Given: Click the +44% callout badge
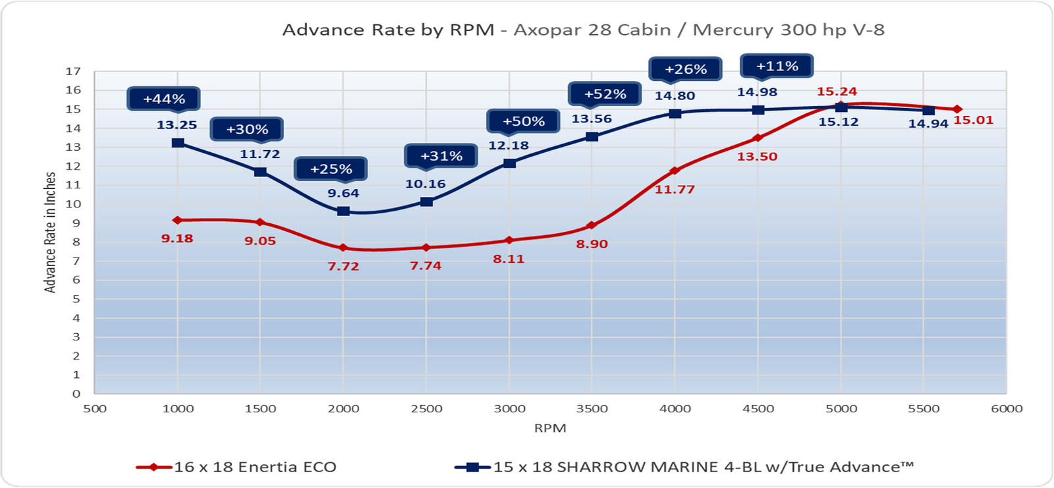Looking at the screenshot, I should point(163,99).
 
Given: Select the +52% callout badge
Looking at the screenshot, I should point(605,94).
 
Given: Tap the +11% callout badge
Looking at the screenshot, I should point(777,67).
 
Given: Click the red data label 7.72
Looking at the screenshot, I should point(343,266).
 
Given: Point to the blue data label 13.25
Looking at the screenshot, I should point(177,124).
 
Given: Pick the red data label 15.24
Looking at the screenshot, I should point(837,92).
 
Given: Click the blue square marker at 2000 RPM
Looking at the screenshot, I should point(343,211).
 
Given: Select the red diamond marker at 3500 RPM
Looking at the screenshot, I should point(592,226).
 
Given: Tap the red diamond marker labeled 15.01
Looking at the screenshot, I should point(957,109).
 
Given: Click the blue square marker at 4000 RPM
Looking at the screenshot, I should point(675,113).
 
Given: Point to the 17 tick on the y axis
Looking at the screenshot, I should point(72,71).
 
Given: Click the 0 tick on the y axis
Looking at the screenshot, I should point(76,394).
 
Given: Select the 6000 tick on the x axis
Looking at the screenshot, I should point(1007,409).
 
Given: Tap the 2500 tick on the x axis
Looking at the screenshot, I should point(426,409).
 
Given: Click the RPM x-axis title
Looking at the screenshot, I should point(550,428).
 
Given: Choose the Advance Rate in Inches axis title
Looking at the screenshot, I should point(50,232).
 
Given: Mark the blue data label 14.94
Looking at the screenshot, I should point(928,123).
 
